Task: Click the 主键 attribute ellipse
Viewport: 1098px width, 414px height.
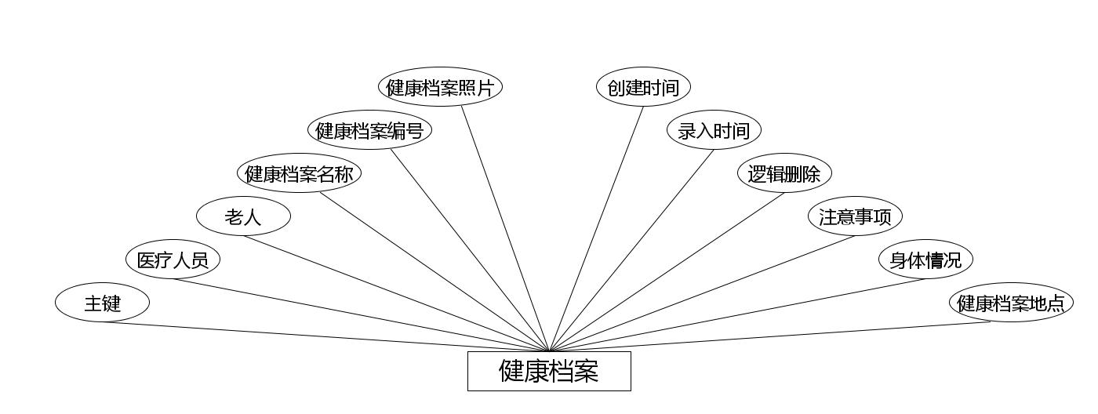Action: click(x=102, y=303)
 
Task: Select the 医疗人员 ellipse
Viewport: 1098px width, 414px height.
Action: click(x=173, y=260)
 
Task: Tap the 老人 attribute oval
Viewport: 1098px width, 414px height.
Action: click(x=243, y=216)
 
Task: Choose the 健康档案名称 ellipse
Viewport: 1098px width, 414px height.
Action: click(x=299, y=173)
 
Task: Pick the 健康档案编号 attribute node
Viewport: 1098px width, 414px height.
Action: click(x=369, y=130)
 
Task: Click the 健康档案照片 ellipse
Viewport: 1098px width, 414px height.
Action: click(x=440, y=87)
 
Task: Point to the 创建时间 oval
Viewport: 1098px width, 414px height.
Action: click(x=643, y=87)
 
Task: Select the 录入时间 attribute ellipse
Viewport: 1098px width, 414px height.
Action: click(x=714, y=130)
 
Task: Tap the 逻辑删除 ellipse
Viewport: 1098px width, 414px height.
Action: click(x=784, y=173)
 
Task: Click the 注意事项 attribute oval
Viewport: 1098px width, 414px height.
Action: click(x=855, y=216)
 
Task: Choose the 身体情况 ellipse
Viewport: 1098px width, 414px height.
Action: click(x=925, y=260)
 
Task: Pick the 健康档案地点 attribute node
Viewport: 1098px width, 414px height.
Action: click(x=1011, y=303)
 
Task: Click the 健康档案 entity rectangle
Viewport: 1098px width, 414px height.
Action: click(x=549, y=371)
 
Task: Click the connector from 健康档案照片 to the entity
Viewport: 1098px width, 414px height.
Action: click(x=505, y=228)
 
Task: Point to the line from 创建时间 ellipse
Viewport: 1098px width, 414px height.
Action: click(x=596, y=228)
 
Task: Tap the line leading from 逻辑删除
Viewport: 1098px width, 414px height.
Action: click(x=667, y=271)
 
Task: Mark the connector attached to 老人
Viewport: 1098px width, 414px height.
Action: click(x=396, y=293)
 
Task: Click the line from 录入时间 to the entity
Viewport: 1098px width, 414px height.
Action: click(x=631, y=250)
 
